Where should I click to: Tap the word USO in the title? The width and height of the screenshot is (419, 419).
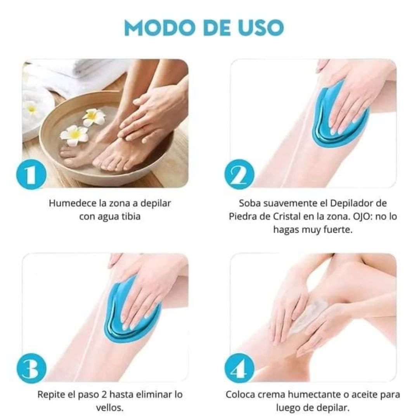(261, 28)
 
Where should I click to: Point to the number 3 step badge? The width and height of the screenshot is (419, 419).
(31, 368)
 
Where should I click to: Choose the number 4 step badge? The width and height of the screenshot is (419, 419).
(239, 368)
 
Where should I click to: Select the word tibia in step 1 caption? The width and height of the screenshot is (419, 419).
(131, 216)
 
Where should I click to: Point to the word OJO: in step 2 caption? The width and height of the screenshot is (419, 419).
(363, 216)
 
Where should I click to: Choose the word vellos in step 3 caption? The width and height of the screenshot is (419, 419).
(108, 408)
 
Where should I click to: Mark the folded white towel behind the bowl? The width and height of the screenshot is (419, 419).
(88, 70)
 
